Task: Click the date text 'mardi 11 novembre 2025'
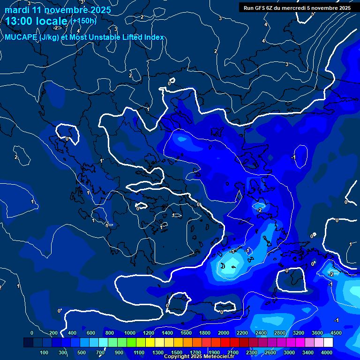[x=58, y=10]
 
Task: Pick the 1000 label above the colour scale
[x=129, y=333]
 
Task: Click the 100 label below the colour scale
[x=45, y=352]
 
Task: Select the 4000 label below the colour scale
[x=327, y=352]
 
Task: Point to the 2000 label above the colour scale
[x=224, y=333]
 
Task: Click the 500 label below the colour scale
[x=82, y=352]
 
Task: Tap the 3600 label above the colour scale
[x=317, y=333]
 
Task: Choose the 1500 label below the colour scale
[x=176, y=352]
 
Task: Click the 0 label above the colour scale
[x=32, y=333]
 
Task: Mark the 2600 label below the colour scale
[x=270, y=352]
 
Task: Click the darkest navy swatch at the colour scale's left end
[x=28, y=343]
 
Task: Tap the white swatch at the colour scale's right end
[x=329, y=343]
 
